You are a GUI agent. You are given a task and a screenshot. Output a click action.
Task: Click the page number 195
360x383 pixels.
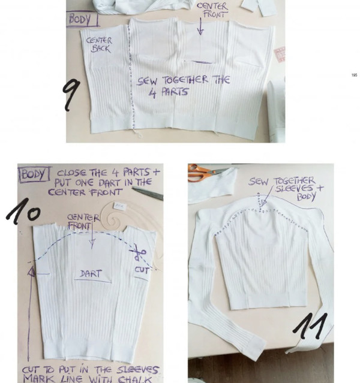(x=353, y=75)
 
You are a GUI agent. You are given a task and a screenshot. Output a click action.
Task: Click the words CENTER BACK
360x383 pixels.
(x=99, y=44)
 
